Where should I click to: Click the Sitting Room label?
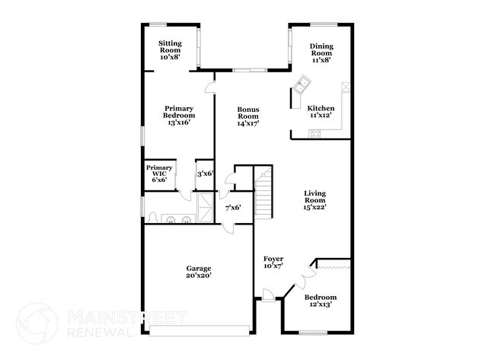point(169,49)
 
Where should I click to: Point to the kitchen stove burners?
point(316,134)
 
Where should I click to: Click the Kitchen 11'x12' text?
point(321,113)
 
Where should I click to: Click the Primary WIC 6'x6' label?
point(159,173)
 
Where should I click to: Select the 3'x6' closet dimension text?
point(205,174)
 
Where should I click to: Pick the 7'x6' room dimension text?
point(233,207)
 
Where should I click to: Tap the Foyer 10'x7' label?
point(274,262)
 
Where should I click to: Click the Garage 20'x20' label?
point(199,272)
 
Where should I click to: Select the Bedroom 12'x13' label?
point(321,301)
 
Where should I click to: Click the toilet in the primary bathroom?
point(153,218)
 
